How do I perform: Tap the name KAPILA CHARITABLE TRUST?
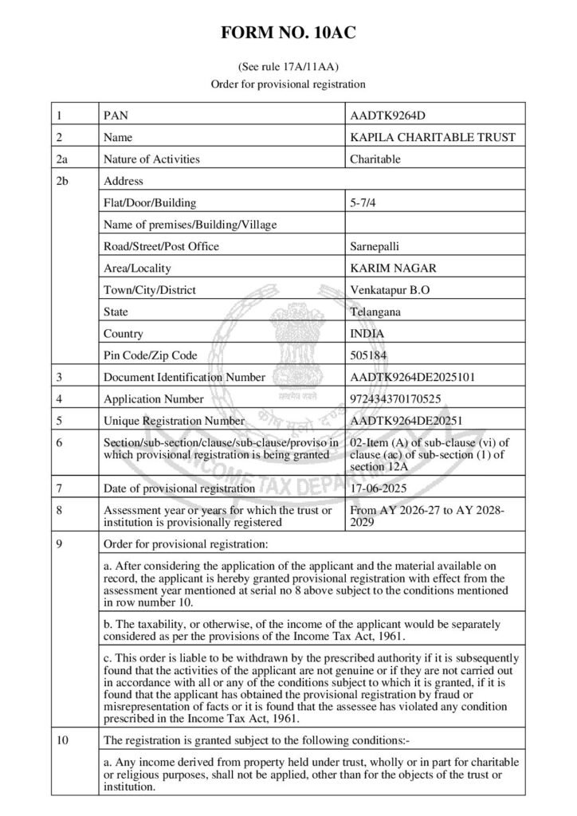click(x=433, y=137)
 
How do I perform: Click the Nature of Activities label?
click(x=151, y=159)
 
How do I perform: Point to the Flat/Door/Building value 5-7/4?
click(x=363, y=202)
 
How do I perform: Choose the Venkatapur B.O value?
click(x=391, y=290)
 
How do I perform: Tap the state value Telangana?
click(x=376, y=312)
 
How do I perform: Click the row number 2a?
click(x=65, y=159)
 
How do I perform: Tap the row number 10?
click(x=64, y=740)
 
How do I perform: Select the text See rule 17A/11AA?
click(x=288, y=67)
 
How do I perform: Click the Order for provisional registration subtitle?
click(x=288, y=83)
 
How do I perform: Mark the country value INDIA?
click(x=366, y=333)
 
